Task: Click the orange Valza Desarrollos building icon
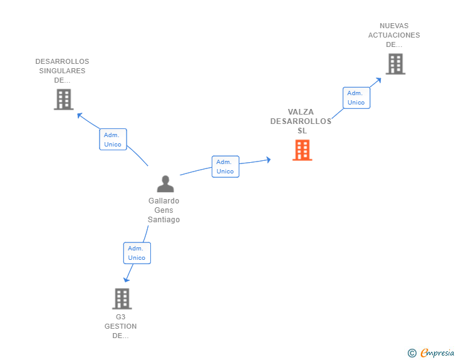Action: [302, 150]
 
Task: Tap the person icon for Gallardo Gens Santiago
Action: [165, 183]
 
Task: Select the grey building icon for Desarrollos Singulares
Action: [63, 99]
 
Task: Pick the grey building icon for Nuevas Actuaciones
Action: [395, 64]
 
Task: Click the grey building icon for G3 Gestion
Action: [122, 299]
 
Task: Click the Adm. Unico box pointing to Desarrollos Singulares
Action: [113, 140]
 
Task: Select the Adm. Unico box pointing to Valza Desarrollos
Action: [225, 167]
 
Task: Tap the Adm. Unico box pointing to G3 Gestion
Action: [137, 253]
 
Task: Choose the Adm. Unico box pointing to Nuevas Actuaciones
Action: [356, 98]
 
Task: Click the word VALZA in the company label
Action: [301, 112]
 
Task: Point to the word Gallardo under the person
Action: [163, 201]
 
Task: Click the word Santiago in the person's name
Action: [163, 220]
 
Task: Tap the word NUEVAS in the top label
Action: [394, 26]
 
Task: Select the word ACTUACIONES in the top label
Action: [394, 35]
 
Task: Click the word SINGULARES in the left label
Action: [62, 71]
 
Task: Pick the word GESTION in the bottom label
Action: [120, 326]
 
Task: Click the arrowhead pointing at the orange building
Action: [268, 160]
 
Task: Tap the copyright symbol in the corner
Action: [412, 353]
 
